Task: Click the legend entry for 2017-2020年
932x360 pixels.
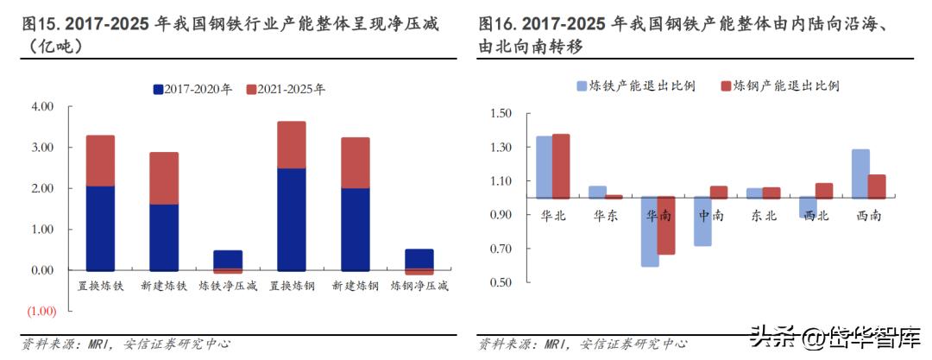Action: click(x=192, y=89)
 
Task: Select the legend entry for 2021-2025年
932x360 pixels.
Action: click(x=285, y=89)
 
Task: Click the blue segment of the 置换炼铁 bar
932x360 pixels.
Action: click(x=100, y=228)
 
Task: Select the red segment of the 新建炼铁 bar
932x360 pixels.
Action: click(x=164, y=178)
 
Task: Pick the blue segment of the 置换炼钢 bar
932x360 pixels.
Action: click(x=292, y=219)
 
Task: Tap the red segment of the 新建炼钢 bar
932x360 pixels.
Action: click(x=356, y=162)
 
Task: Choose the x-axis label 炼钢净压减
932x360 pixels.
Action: click(x=419, y=285)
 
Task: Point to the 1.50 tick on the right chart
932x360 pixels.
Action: click(x=501, y=114)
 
